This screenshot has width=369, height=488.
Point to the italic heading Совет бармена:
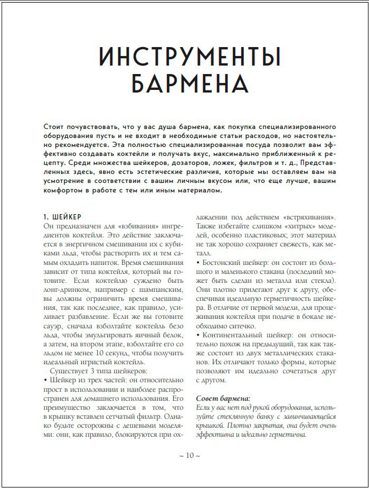[x=223, y=397]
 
